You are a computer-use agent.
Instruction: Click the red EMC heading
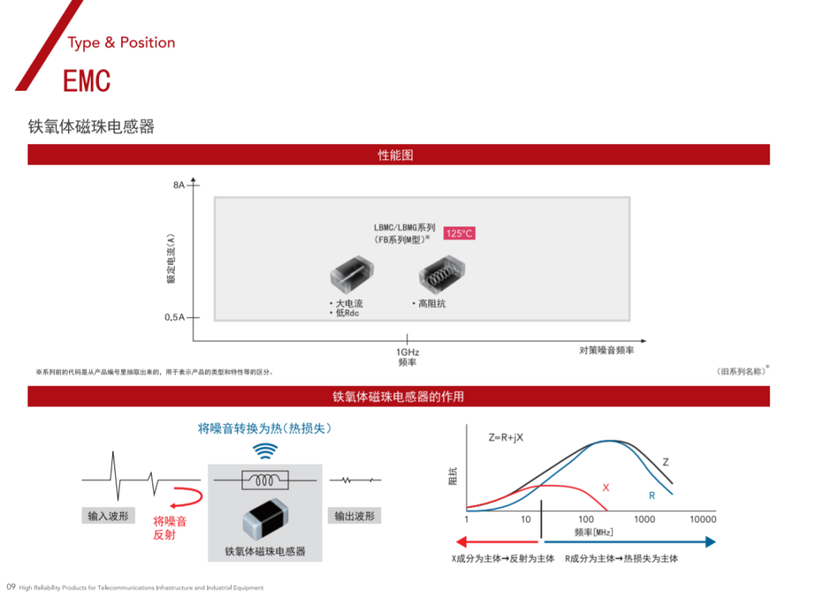click(x=87, y=81)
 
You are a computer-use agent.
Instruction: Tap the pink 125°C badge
click(x=460, y=233)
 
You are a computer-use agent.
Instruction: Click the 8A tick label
click(x=179, y=184)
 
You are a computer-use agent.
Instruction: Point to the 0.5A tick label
click(x=175, y=318)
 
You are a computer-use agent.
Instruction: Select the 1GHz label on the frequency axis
click(x=407, y=352)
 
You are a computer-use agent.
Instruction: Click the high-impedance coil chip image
click(x=442, y=274)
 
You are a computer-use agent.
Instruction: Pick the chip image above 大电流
click(x=351, y=274)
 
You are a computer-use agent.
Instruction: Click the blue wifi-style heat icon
click(x=265, y=451)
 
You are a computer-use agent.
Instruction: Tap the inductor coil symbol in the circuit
click(x=265, y=480)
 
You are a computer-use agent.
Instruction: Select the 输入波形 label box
click(x=108, y=516)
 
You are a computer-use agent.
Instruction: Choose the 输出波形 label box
click(x=354, y=516)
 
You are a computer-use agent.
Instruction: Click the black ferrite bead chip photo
click(x=266, y=520)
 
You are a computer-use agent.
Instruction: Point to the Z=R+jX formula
click(x=506, y=437)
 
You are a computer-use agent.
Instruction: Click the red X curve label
click(x=606, y=488)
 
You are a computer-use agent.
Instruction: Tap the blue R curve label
click(x=652, y=496)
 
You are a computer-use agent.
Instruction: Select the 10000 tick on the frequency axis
click(x=703, y=520)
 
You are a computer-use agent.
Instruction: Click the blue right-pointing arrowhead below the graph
click(x=711, y=542)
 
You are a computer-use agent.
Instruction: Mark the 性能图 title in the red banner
click(x=395, y=155)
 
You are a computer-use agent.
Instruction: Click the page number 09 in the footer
click(x=11, y=587)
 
